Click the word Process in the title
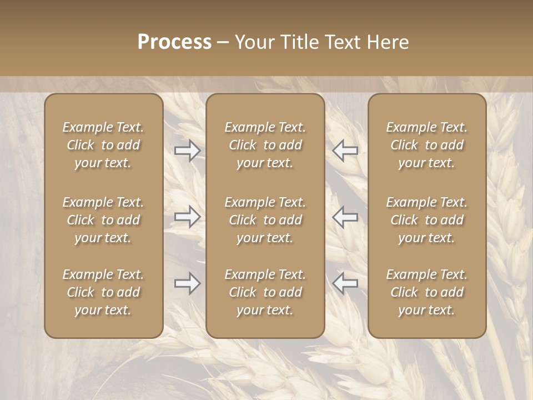point(174,42)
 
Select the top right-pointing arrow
point(187,150)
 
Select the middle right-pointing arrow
point(187,217)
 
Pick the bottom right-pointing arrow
point(187,283)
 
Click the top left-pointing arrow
point(345,150)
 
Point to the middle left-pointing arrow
point(345,217)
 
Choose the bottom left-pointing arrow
point(345,283)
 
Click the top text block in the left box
point(103,145)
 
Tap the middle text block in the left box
point(103,220)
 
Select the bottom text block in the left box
point(103,292)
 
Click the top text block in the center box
point(265,145)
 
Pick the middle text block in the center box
point(265,220)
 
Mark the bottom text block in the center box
point(265,292)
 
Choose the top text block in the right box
point(426,145)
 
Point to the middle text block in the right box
point(426,220)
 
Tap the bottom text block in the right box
point(426,292)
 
